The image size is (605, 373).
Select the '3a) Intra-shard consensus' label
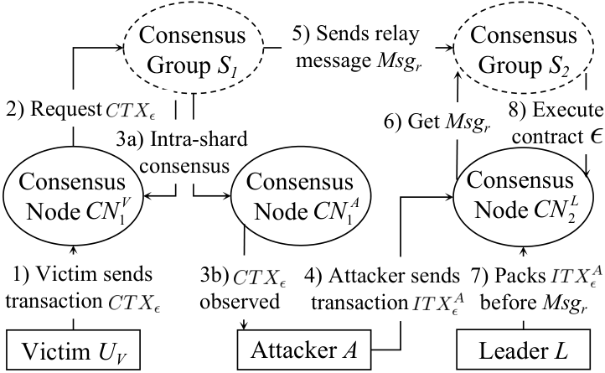pyautogui.click(x=182, y=153)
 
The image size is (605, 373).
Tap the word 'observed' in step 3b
pyautogui.click(x=240, y=301)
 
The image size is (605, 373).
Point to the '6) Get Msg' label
pyautogui.click(x=437, y=122)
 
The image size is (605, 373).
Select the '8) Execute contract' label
pyautogui.click(x=556, y=123)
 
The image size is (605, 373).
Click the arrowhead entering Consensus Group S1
pyautogui.click(x=120, y=48)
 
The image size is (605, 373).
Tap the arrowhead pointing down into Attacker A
pyautogui.click(x=244, y=325)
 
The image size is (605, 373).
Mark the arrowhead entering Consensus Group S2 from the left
pyautogui.click(x=449, y=48)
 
